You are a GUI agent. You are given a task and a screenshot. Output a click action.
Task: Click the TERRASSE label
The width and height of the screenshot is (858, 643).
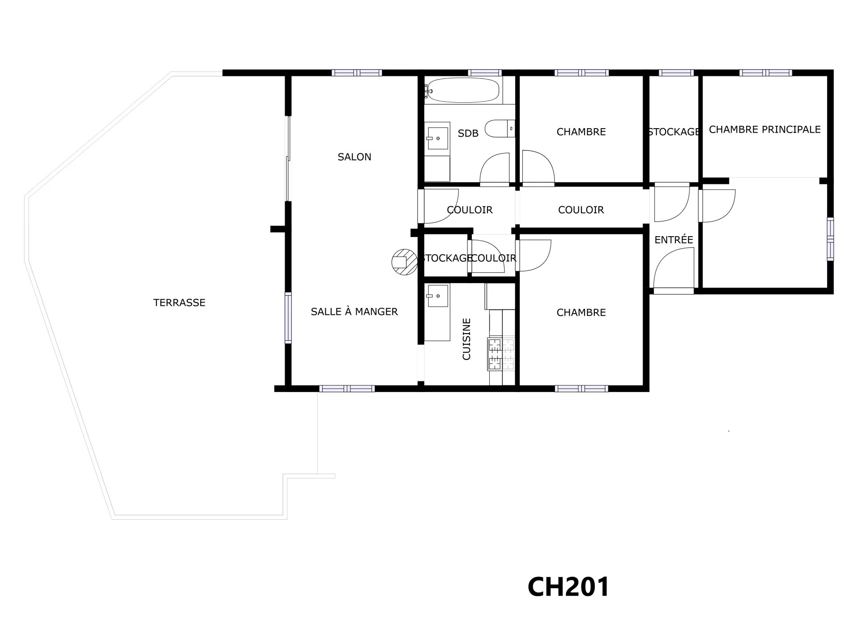click(x=179, y=303)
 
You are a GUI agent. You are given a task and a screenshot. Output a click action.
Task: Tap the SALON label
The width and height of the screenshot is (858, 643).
click(x=354, y=157)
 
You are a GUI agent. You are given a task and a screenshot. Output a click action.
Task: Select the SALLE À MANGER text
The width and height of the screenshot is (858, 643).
click(x=354, y=312)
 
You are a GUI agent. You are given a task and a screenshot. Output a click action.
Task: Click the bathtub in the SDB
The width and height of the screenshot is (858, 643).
click(x=461, y=89)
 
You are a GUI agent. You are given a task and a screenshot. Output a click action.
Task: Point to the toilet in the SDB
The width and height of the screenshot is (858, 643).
click(x=500, y=129)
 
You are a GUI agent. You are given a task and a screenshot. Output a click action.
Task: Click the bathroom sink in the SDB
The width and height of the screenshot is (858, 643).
click(x=437, y=138)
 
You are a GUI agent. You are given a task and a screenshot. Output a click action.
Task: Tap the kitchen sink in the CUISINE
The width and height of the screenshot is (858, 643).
click(x=437, y=296)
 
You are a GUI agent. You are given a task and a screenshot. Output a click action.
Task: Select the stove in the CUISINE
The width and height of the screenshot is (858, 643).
click(x=501, y=354)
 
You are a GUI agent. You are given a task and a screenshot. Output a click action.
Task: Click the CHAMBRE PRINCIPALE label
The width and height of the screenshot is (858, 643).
click(x=765, y=129)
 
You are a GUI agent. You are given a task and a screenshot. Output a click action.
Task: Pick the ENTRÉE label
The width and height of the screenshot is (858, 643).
click(x=673, y=240)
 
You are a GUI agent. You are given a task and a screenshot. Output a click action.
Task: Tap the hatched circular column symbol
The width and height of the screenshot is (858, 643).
click(x=404, y=262)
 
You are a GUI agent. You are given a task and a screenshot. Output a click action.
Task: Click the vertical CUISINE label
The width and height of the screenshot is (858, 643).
click(x=467, y=339)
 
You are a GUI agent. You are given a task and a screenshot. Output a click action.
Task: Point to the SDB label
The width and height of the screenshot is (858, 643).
click(x=468, y=133)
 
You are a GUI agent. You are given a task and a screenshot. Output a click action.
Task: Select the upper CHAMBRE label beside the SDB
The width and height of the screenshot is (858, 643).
click(x=581, y=132)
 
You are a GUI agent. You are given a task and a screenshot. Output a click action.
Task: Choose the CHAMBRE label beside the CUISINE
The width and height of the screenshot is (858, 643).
click(x=581, y=313)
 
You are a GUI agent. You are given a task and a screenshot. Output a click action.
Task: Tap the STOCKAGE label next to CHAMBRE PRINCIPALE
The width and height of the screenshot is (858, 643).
click(x=673, y=132)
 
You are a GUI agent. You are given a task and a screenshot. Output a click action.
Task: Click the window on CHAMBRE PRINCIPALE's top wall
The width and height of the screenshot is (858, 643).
click(x=765, y=73)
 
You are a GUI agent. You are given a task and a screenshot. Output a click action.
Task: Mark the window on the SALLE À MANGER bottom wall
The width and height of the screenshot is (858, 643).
click(x=347, y=389)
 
